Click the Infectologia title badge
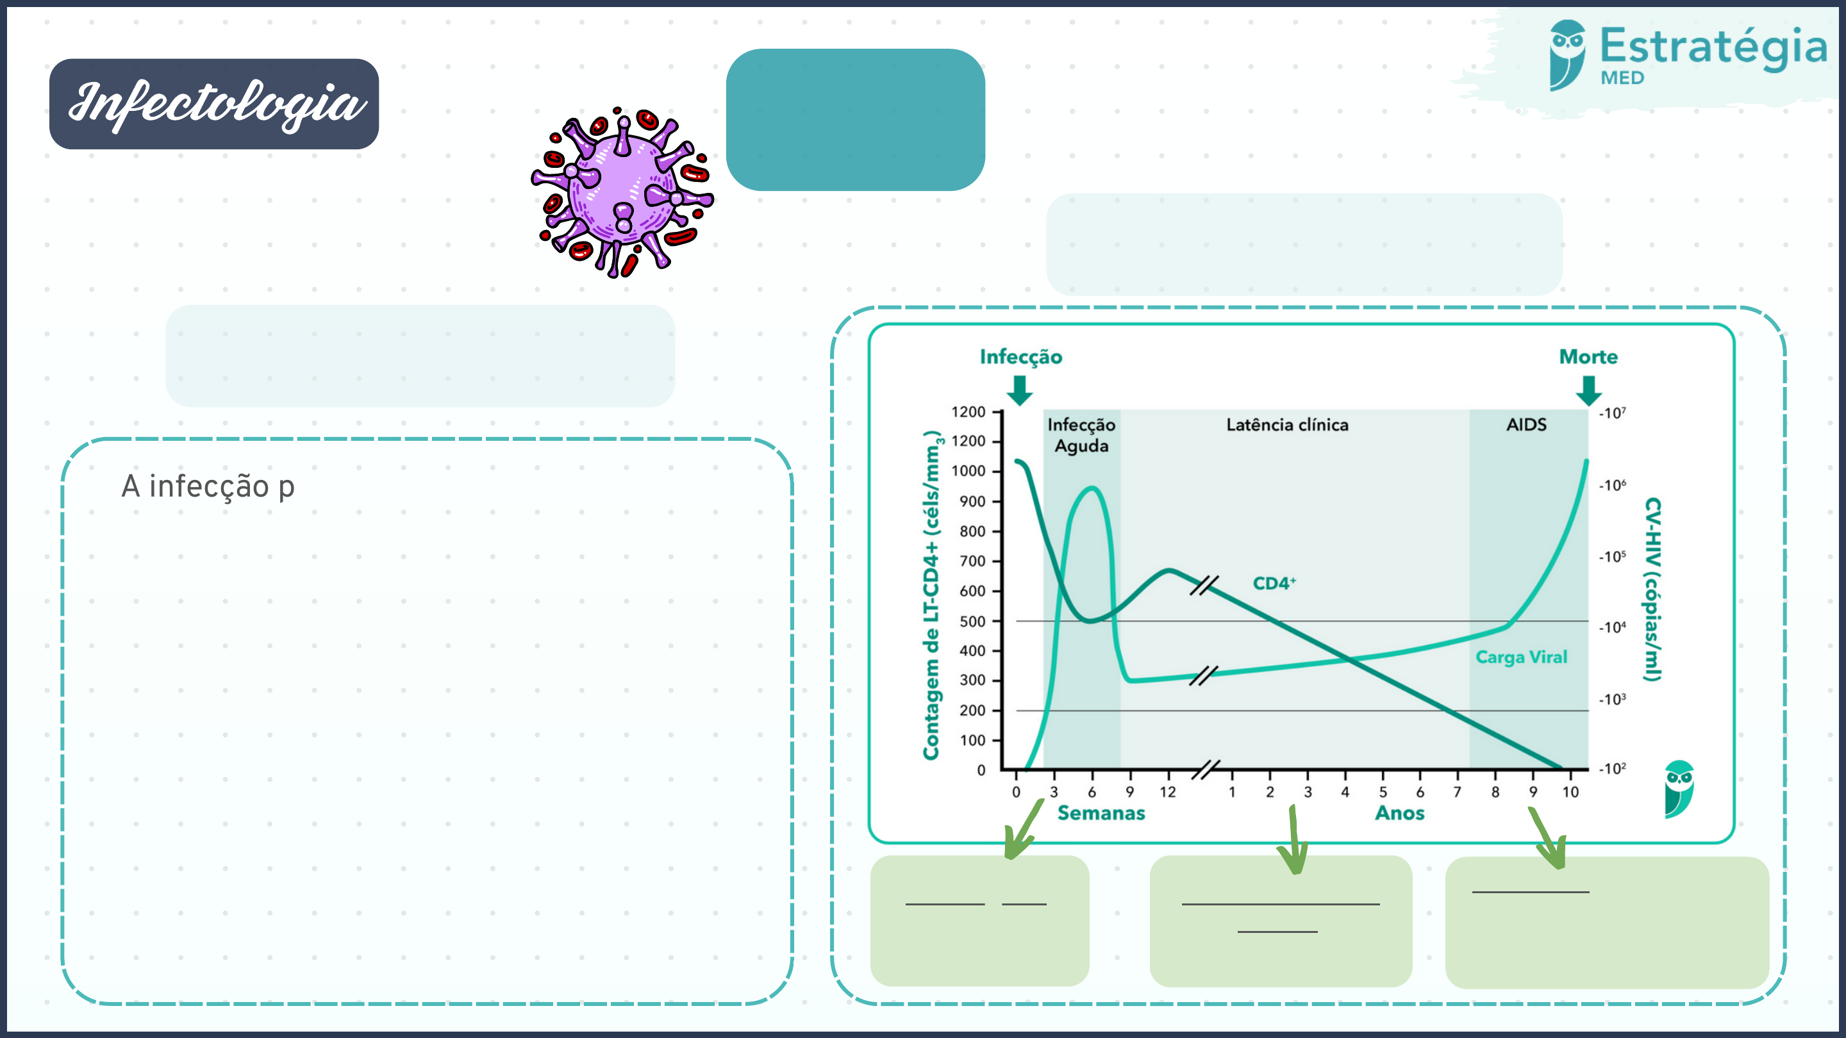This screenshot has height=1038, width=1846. click(x=213, y=104)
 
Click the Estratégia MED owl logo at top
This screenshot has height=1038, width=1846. click(x=1567, y=55)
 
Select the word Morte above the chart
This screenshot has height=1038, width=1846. click(x=1588, y=357)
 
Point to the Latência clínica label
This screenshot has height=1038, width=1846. click(x=1287, y=425)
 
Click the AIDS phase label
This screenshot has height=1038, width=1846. click(x=1526, y=425)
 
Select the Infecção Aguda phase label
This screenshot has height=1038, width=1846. click(x=1081, y=435)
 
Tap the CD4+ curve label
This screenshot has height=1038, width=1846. click(x=1274, y=583)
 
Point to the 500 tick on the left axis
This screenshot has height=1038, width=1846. click(x=972, y=621)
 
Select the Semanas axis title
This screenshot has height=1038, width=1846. click(x=1101, y=813)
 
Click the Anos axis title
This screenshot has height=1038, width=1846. click(x=1399, y=813)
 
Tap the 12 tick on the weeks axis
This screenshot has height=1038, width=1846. click(x=1168, y=791)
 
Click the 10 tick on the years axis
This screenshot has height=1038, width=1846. click(x=1570, y=791)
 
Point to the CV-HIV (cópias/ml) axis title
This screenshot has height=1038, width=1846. click(x=1652, y=589)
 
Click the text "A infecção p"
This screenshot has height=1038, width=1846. click(x=208, y=486)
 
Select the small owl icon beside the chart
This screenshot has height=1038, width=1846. click(x=1679, y=789)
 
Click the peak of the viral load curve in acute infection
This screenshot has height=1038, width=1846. click(x=1092, y=488)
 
